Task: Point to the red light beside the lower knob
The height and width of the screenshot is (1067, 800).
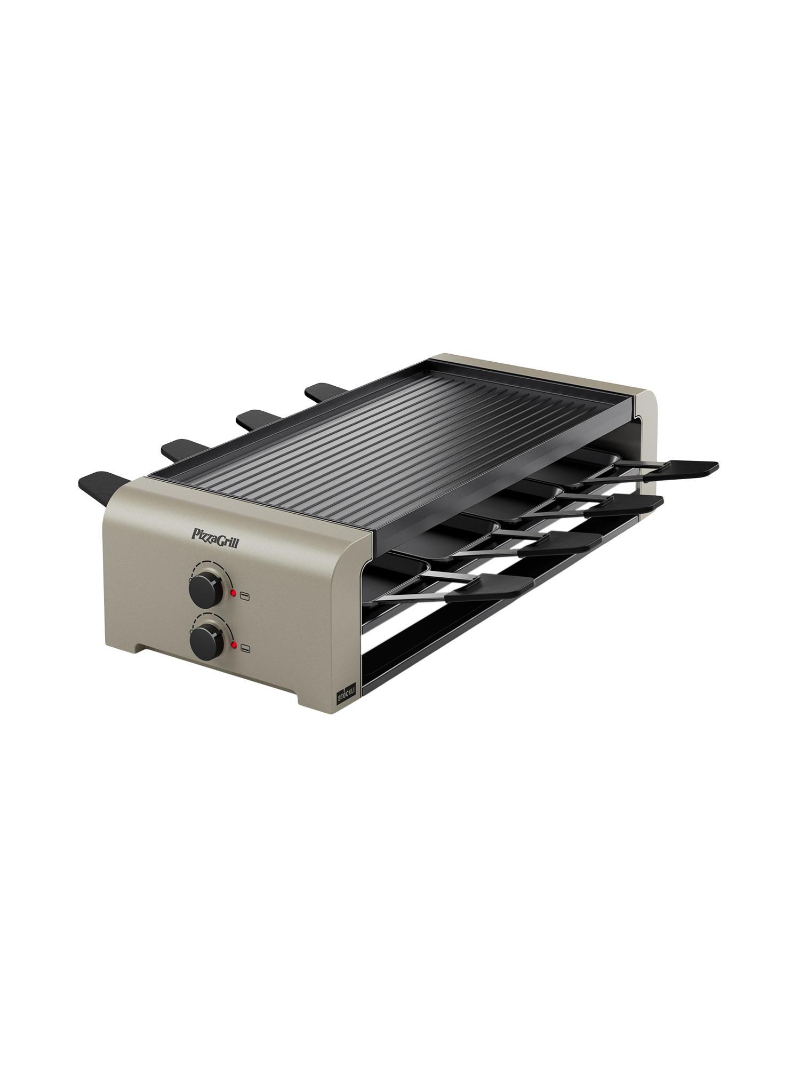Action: point(234,646)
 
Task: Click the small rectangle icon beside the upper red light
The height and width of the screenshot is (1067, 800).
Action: point(245,596)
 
